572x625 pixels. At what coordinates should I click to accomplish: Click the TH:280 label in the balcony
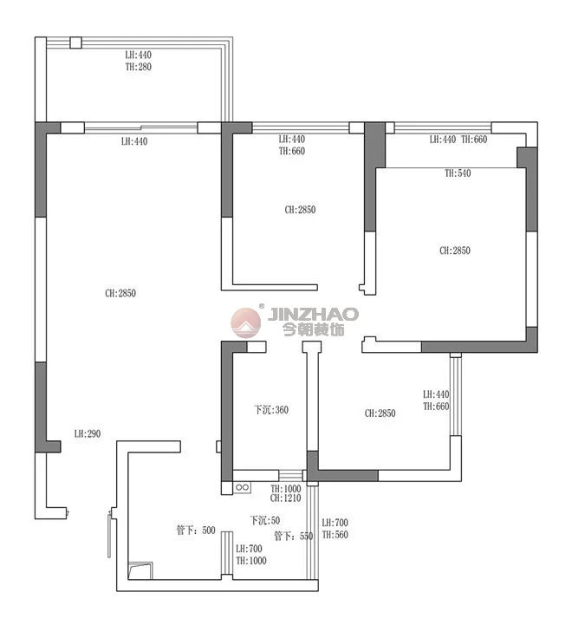(139, 67)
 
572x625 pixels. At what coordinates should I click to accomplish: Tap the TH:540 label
(458, 173)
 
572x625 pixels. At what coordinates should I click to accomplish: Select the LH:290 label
(88, 433)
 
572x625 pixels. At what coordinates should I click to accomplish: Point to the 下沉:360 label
(271, 410)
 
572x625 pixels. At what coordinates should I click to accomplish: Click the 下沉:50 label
(264, 520)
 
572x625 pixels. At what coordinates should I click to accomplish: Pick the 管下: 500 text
(196, 531)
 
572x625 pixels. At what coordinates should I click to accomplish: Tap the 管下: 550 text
(294, 536)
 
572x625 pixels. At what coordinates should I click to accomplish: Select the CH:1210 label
(285, 498)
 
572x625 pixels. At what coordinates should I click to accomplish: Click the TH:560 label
(335, 535)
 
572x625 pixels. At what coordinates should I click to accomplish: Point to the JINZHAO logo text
(313, 314)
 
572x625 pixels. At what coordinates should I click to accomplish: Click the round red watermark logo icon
(246, 322)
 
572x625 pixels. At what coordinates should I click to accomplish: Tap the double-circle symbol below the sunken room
(242, 487)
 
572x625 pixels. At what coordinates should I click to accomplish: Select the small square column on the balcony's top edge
(75, 42)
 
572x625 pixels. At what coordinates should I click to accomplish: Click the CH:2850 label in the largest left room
(120, 293)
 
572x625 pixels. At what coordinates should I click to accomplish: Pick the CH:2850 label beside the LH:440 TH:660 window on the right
(380, 413)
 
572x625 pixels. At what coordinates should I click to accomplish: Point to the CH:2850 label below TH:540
(455, 251)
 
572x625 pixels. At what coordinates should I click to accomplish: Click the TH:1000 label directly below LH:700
(251, 561)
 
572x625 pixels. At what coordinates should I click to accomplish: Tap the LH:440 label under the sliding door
(134, 141)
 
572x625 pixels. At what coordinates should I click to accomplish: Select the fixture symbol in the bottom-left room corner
(140, 570)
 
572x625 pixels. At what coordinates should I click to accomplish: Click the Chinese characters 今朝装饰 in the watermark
(314, 329)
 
